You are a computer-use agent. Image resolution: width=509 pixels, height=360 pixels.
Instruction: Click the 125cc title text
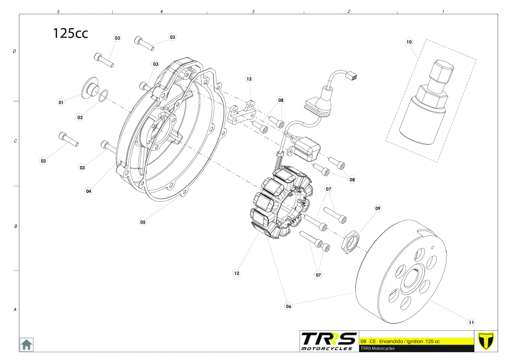[x=71, y=33]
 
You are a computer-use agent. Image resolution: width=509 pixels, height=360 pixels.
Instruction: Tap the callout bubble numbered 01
[x=61, y=102]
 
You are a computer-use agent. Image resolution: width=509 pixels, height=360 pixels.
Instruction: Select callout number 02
[x=80, y=117]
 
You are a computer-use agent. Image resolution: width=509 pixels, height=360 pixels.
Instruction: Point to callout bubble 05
[x=143, y=222]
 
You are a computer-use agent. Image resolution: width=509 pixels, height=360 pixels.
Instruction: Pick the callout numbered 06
[x=289, y=306]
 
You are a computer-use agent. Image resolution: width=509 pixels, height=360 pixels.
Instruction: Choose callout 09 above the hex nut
[x=378, y=209]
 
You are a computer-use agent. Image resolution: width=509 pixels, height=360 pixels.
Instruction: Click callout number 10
[x=409, y=42]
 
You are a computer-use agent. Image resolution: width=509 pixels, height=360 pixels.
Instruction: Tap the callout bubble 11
[x=471, y=322]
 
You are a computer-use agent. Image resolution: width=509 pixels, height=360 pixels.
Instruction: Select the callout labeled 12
[x=237, y=272]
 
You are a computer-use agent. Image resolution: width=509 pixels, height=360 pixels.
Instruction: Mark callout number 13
[x=249, y=79]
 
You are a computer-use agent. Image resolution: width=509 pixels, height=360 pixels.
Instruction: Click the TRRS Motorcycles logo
[x=328, y=341]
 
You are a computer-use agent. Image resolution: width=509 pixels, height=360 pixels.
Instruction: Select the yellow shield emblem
[x=487, y=341]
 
